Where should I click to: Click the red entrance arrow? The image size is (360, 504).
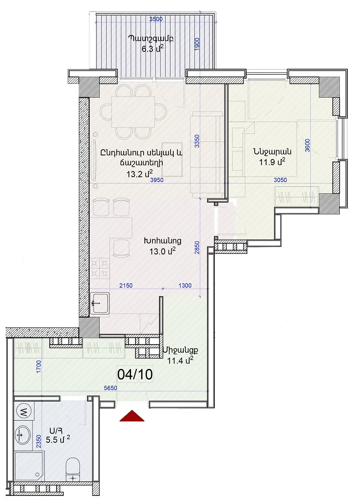pyautogui.click(x=132, y=416)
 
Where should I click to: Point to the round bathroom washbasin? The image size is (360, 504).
pyautogui.click(x=23, y=435)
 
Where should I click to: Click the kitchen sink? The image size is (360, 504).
pyautogui.click(x=100, y=303)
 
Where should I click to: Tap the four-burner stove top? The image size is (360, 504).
pyautogui.click(x=99, y=268)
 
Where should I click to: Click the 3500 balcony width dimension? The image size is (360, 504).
pyautogui.click(x=156, y=19)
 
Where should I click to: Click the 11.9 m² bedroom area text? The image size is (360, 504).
pyautogui.click(x=272, y=161)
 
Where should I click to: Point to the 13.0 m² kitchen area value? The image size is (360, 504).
pyautogui.click(x=162, y=251)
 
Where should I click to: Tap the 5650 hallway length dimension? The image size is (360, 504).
pyautogui.click(x=111, y=388)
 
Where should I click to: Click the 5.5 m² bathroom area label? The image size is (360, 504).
pyautogui.click(x=58, y=439)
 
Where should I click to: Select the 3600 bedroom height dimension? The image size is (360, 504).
pyautogui.click(x=308, y=145)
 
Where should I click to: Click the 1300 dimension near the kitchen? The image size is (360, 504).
pyautogui.click(x=185, y=285)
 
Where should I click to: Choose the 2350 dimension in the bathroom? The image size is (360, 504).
pyautogui.click(x=39, y=441)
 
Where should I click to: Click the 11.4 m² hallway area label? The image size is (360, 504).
pyautogui.click(x=180, y=361)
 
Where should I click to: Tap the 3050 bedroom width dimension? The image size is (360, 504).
pyautogui.click(x=280, y=179)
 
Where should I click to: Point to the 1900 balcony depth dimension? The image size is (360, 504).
pyautogui.click(x=197, y=44)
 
